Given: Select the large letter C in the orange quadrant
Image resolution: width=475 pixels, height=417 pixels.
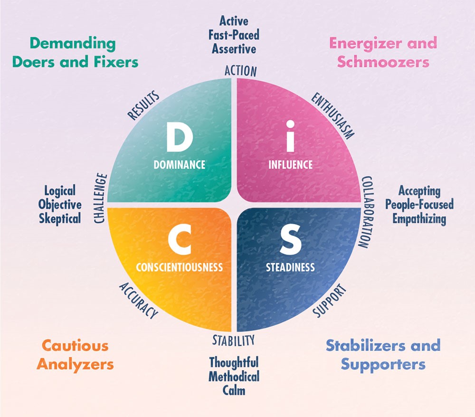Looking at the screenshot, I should [x=179, y=241].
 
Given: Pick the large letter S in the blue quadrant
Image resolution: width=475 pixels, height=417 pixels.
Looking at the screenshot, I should [x=290, y=241].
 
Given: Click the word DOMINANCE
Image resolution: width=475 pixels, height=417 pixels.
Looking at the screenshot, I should [x=180, y=165].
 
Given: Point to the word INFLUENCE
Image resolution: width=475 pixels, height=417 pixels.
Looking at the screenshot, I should [x=291, y=165].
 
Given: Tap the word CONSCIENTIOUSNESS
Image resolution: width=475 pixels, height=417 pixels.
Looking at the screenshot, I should [x=179, y=267].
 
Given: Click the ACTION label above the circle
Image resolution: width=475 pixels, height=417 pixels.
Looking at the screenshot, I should [x=240, y=71].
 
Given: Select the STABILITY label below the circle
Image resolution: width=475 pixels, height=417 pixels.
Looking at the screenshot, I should [x=234, y=340].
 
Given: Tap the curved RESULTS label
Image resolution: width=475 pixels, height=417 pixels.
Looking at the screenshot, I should [x=143, y=105].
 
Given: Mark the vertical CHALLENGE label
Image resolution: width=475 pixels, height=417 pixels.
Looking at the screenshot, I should [x=101, y=199].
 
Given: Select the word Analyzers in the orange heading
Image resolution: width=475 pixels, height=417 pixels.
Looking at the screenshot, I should [x=76, y=364].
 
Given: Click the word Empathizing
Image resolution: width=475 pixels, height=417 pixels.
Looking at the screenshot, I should [x=419, y=219].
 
